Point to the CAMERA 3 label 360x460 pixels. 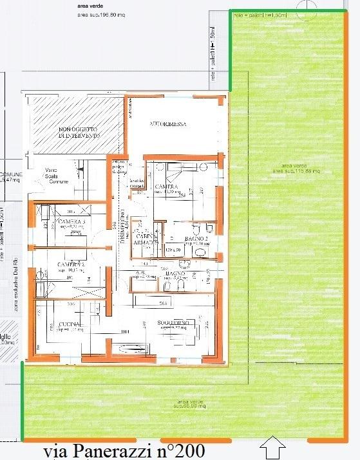click(71, 223)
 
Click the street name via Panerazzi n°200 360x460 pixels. click(124, 451)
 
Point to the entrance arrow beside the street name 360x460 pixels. click(274, 445)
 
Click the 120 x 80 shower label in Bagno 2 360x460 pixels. click(172, 249)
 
